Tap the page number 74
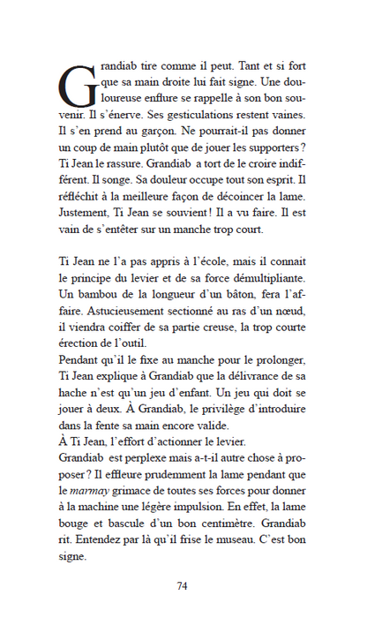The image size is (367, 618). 183,586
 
